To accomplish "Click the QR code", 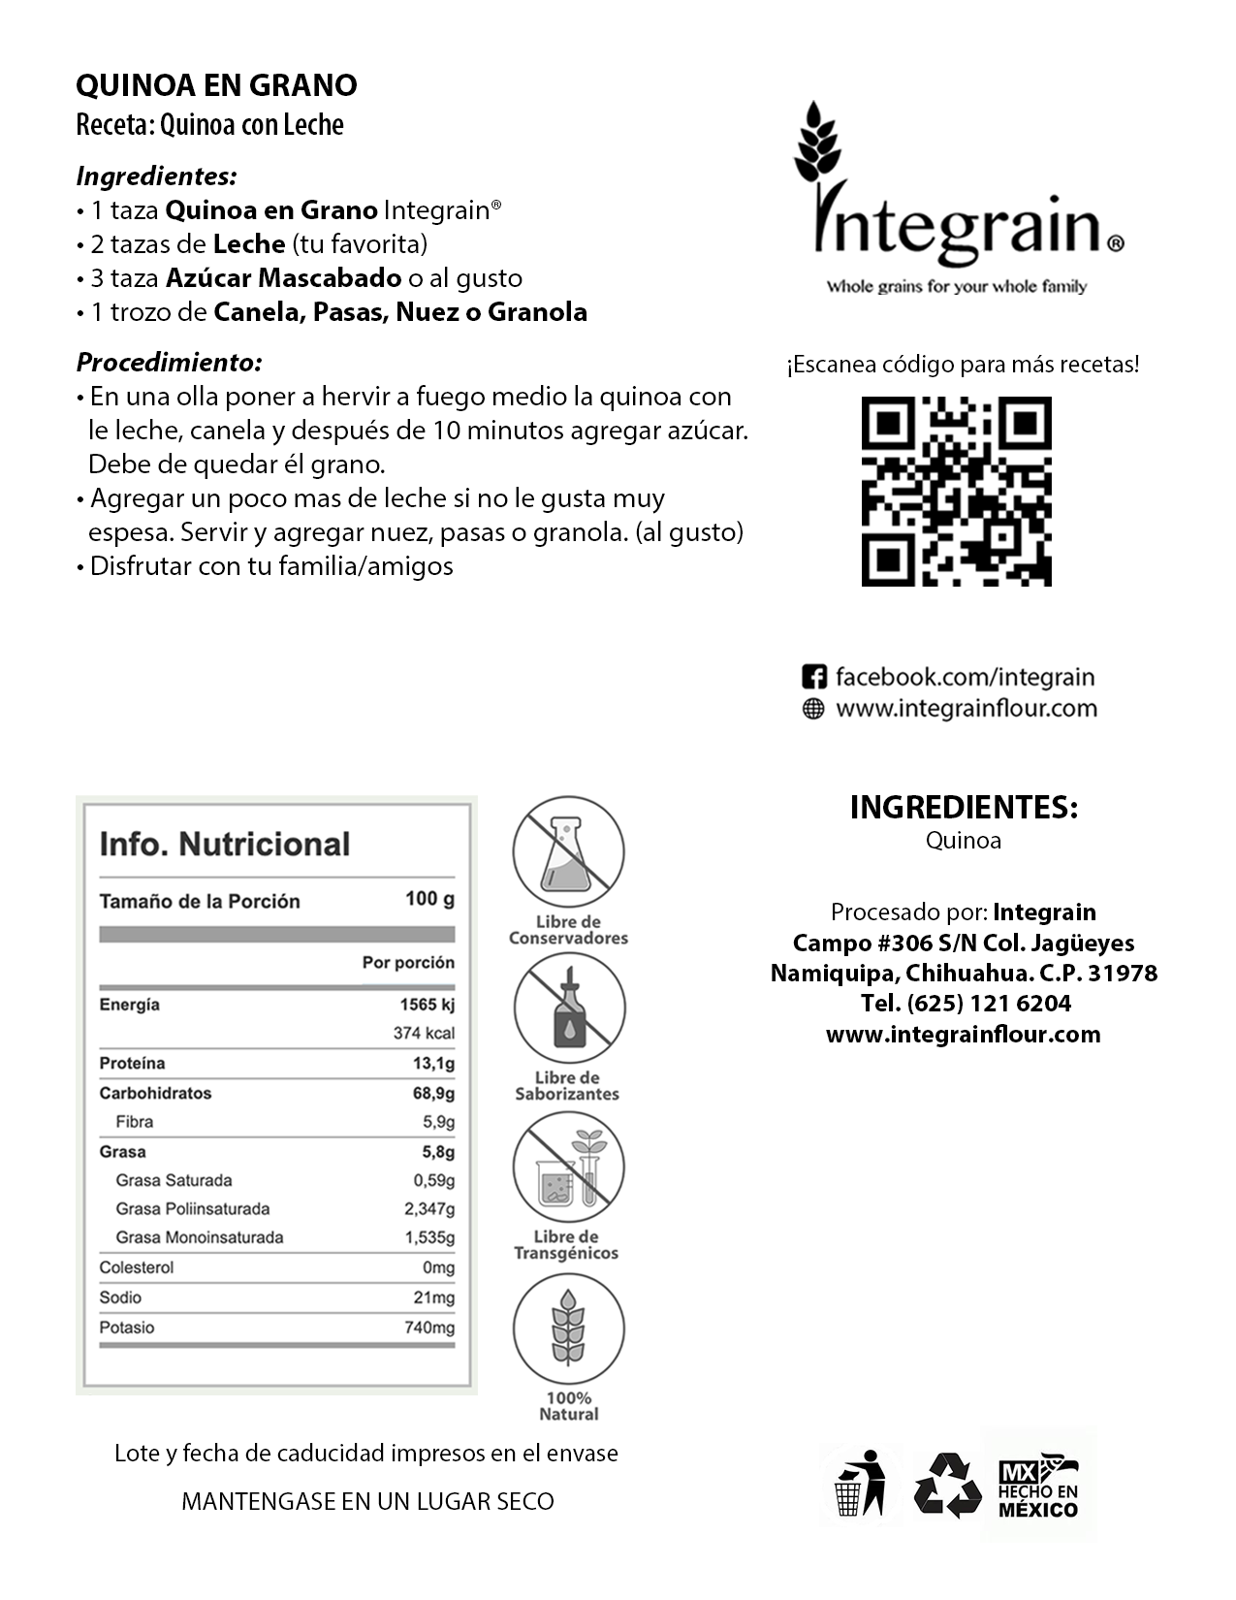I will pyautogui.click(x=956, y=491).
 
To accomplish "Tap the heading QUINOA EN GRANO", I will pyautogui.click(x=216, y=85).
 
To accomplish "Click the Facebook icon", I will pyautogui.click(x=814, y=677).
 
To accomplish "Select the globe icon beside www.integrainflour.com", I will pyautogui.click(x=813, y=709).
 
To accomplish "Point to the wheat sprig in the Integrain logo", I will pyautogui.click(x=816, y=145).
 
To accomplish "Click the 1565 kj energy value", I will pyautogui.click(x=428, y=1005).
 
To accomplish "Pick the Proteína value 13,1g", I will pyautogui.click(x=433, y=1064).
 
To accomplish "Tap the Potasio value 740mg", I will pyautogui.click(x=428, y=1328).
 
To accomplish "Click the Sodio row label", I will pyautogui.click(x=120, y=1297).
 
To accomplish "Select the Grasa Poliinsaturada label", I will pyautogui.click(x=192, y=1209).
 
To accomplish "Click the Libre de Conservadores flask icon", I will pyautogui.click(x=568, y=852).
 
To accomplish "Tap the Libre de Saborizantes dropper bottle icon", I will pyautogui.click(x=568, y=1008).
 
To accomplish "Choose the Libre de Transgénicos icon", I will pyautogui.click(x=568, y=1167).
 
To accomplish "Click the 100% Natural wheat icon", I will pyautogui.click(x=568, y=1328).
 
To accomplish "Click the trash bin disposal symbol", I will pyautogui.click(x=861, y=1484).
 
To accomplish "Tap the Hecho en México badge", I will pyautogui.click(x=1038, y=1485).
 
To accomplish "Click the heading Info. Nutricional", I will pyautogui.click(x=224, y=844).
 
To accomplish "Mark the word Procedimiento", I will pyautogui.click(x=169, y=363).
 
